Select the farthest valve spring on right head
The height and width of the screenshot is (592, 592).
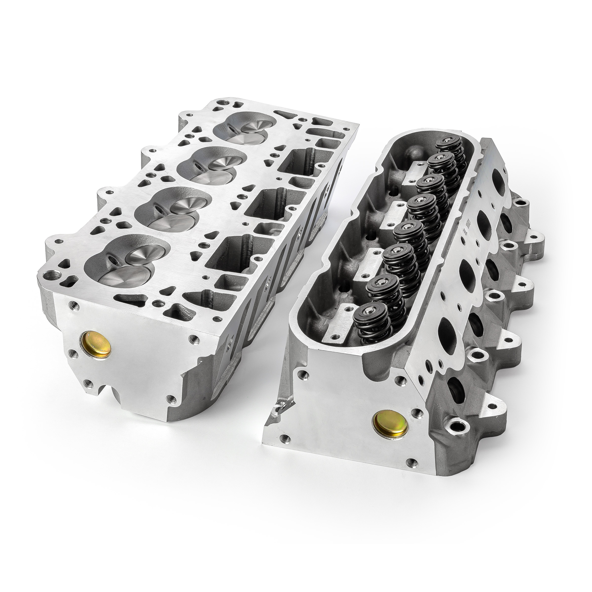click(449, 143)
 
